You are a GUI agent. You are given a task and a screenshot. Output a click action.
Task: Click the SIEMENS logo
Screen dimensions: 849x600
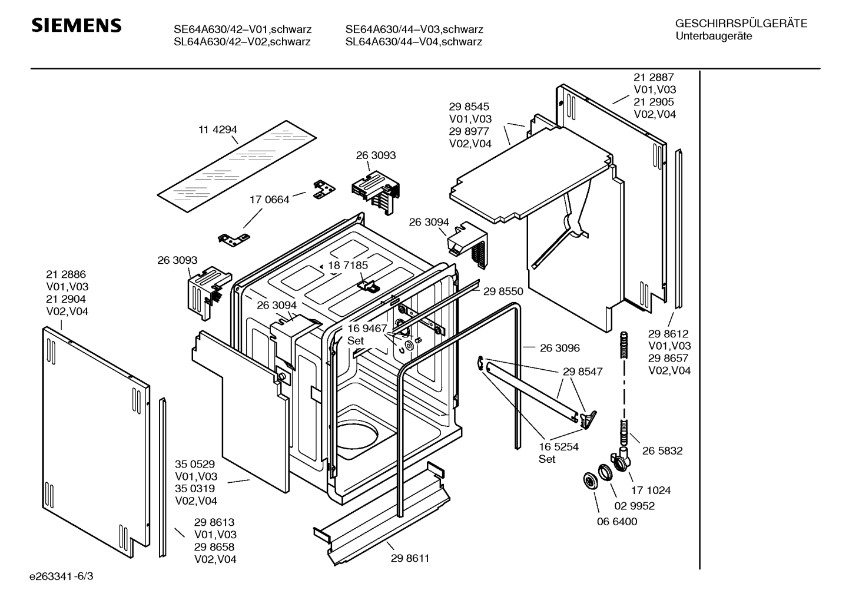click(77, 26)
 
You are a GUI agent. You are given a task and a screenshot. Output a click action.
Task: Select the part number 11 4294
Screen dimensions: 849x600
click(218, 130)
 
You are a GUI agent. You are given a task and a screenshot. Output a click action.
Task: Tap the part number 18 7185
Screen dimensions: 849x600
click(348, 266)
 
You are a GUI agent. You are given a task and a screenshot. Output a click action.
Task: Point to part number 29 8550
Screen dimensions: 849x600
click(503, 291)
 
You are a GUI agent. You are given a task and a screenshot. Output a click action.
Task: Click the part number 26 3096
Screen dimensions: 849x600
click(560, 348)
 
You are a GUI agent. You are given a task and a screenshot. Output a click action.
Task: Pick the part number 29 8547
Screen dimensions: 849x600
click(582, 372)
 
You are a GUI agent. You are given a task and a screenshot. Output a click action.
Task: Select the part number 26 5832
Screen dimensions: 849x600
click(662, 450)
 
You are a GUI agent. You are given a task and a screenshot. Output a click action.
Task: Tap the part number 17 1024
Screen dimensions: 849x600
click(651, 490)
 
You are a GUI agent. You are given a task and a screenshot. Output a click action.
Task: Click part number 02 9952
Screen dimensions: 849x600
click(635, 506)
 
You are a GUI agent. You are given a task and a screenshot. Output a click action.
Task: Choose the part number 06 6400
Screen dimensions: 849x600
click(617, 522)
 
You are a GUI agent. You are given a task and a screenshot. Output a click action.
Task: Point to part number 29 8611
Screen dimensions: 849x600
click(410, 558)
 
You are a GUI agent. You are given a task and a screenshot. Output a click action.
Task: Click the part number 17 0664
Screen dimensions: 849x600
click(270, 200)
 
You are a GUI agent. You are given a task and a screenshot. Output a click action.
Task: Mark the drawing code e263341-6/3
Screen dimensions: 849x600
click(61, 576)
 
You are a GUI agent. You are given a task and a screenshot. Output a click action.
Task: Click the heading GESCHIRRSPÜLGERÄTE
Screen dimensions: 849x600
click(741, 24)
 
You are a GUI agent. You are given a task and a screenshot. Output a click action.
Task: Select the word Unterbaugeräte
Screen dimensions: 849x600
click(714, 37)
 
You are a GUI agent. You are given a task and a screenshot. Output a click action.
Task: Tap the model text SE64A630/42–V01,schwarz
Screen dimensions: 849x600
click(243, 29)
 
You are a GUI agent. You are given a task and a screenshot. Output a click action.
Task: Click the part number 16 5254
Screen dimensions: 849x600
click(559, 447)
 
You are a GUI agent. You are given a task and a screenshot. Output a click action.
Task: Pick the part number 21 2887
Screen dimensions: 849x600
click(654, 77)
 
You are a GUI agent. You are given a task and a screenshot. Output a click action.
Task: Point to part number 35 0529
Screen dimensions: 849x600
click(195, 465)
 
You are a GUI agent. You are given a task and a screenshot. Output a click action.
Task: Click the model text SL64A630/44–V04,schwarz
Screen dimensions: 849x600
click(414, 42)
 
